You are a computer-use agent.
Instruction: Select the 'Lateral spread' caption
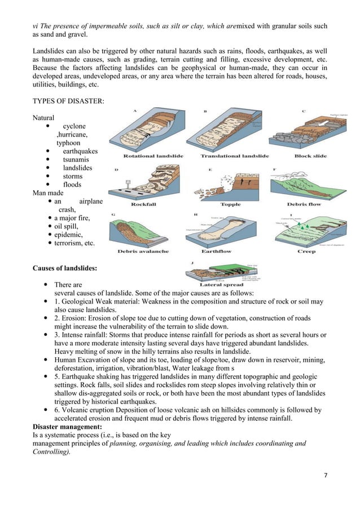pyautogui.click(x=226, y=285)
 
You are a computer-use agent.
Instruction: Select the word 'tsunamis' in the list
pyautogui.click(x=77, y=160)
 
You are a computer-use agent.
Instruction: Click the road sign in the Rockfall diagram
pyautogui.click(x=128, y=183)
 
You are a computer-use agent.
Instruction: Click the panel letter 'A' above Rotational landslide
pyautogui.click(x=134, y=111)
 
